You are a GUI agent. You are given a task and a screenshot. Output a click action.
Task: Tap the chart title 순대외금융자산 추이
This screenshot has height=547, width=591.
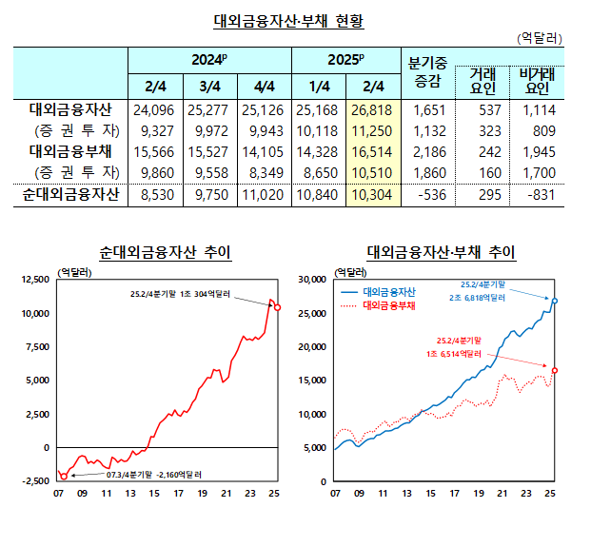tap(166, 253)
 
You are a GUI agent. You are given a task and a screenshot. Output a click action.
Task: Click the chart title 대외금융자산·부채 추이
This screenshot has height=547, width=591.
tap(441, 253)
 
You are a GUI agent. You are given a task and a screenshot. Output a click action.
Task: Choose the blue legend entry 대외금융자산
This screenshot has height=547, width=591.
tap(397, 292)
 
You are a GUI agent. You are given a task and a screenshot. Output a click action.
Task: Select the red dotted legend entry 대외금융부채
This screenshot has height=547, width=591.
tap(397, 306)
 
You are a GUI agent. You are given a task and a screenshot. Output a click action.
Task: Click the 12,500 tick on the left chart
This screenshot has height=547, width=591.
tap(34, 280)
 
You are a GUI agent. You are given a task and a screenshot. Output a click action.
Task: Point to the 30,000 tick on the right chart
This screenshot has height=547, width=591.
tap(312, 280)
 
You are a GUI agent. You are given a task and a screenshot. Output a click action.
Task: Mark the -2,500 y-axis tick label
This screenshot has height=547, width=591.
tap(35, 481)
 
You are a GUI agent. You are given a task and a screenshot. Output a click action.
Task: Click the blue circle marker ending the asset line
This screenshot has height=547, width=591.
tap(555, 301)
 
